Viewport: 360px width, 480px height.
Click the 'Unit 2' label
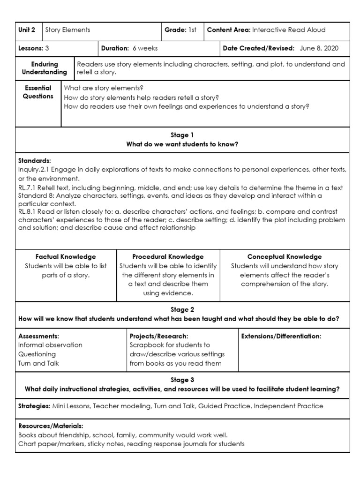coord(26,30)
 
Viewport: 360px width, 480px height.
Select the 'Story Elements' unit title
coord(67,30)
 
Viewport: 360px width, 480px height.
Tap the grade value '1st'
coord(192,30)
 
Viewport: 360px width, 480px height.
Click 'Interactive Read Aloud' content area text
coord(289,30)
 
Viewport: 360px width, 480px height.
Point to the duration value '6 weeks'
coord(145,48)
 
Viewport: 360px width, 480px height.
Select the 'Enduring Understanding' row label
coord(45,68)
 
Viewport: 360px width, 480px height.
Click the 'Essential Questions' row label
coord(38,92)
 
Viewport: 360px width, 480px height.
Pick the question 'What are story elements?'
coord(104,88)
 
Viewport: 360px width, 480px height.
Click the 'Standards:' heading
coord(35,160)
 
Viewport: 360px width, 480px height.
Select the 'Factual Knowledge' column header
coord(66,256)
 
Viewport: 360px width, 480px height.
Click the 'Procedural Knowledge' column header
coord(168,256)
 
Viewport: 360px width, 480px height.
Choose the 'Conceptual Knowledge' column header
coord(285,256)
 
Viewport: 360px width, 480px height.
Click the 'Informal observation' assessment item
coord(50,345)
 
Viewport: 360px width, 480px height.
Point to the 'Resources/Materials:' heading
coord(51,426)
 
